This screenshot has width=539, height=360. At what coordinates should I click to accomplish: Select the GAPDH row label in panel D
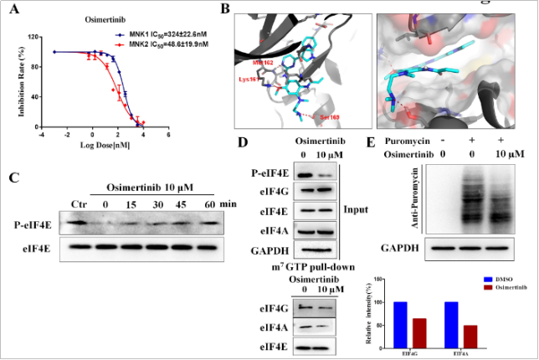click(269, 251)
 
